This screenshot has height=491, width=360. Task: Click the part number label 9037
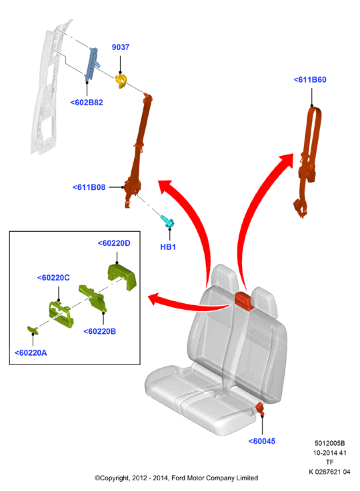120,47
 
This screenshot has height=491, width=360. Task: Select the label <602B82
87,103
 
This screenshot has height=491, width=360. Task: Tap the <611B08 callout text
89,187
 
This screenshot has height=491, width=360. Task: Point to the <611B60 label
310,80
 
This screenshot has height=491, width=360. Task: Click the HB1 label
168,247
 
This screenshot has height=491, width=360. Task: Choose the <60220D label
114,243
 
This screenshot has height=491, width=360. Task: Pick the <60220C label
53,278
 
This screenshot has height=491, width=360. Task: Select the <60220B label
99,331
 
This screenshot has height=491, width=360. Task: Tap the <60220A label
31,353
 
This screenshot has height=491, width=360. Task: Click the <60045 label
262,441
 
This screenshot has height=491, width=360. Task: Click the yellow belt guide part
121,81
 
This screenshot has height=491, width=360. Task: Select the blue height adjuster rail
91,63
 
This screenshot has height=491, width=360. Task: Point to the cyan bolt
167,222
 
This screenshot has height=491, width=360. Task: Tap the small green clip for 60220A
33,330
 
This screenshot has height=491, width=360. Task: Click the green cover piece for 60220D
122,276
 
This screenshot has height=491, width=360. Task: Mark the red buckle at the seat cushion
260,409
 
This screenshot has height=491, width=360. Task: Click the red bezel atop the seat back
245,300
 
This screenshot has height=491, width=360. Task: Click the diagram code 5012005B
329,444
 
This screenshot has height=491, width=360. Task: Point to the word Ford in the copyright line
179,478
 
